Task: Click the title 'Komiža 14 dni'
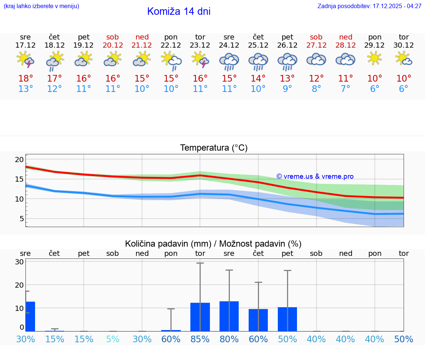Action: pos(179,11)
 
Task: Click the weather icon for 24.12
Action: pos(229,61)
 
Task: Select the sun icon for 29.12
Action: pos(374,58)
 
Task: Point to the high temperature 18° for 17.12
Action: pos(25,78)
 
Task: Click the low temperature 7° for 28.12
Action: pos(345,89)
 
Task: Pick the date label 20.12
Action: pos(113,45)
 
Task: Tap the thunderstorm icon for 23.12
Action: pos(200,59)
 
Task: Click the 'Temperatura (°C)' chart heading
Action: pos(214,148)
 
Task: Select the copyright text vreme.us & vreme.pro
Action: pos(315,176)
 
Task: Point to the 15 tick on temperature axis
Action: pos(19,179)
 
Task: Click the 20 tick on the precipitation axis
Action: pos(19,285)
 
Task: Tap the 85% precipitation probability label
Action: pos(200,339)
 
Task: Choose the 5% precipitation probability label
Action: pos(113,339)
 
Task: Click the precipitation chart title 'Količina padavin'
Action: pos(213,244)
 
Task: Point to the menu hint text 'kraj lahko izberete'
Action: pos(41,6)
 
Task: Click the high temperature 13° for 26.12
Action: pos(287,78)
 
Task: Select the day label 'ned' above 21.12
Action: pos(142,37)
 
